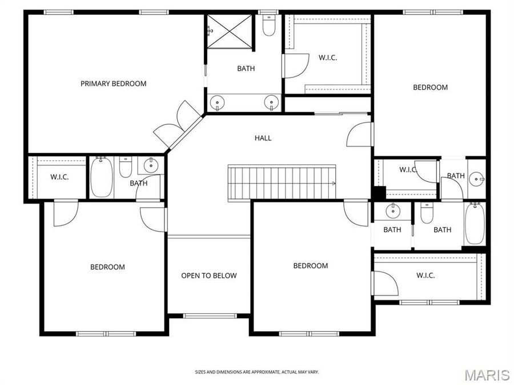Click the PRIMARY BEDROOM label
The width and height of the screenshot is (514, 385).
(113, 84)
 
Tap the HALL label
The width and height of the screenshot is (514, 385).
(263, 138)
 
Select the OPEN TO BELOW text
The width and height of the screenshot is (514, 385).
(209, 276)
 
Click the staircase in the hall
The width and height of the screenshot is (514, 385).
(282, 183)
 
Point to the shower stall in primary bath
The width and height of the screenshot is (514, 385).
(229, 33)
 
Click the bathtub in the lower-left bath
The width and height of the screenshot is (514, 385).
(102, 177)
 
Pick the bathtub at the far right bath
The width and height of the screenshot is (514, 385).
(475, 224)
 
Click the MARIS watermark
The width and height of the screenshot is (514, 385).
(487, 375)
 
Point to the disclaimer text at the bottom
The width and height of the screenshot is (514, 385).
(257, 372)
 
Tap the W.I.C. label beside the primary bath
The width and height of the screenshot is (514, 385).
(327, 58)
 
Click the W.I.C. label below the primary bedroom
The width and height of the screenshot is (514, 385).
(59, 177)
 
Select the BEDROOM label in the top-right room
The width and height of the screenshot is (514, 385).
(430, 87)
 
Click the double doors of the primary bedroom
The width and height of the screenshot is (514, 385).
(177, 124)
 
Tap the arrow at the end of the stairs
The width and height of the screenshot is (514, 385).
(334, 183)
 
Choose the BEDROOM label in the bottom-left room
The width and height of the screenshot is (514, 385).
(107, 267)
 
